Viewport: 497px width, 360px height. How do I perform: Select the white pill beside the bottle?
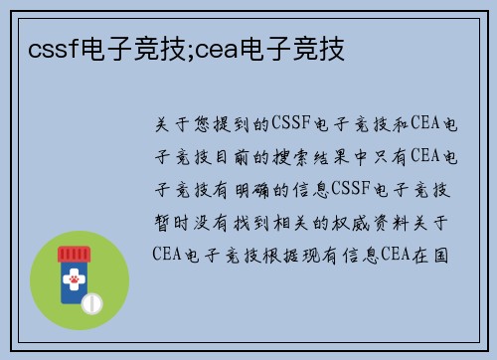pos(91,300)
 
